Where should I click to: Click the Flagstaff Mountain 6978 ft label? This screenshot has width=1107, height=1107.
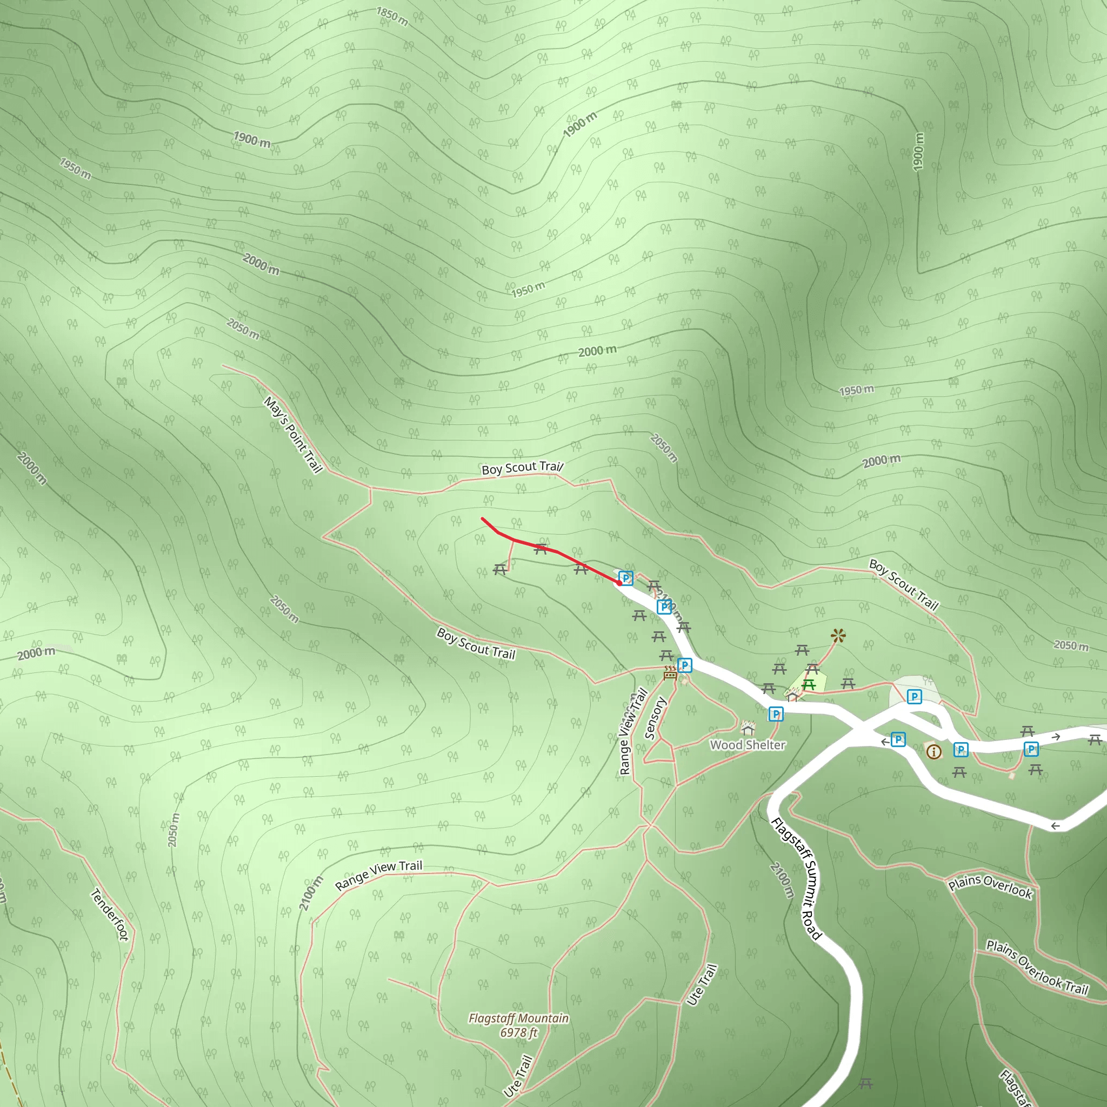click(518, 1025)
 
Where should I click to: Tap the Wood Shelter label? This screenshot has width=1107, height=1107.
click(747, 745)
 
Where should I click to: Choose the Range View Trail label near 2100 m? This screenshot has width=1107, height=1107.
click(378, 875)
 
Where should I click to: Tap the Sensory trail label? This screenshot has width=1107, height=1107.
click(656, 718)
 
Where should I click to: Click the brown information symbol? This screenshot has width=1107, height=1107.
click(933, 751)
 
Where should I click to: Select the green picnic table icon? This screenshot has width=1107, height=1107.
click(809, 684)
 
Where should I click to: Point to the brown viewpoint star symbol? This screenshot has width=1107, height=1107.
click(838, 635)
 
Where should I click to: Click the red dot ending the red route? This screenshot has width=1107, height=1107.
click(619, 583)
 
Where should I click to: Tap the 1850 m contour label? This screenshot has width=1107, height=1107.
click(392, 17)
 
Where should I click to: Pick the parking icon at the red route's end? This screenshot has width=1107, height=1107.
click(626, 578)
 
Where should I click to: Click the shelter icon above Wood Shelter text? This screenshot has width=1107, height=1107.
click(747, 728)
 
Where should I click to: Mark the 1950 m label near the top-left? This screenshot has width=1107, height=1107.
click(75, 169)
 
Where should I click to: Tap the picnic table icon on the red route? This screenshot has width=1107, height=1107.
click(541, 549)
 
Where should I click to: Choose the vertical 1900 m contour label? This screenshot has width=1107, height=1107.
click(918, 152)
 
